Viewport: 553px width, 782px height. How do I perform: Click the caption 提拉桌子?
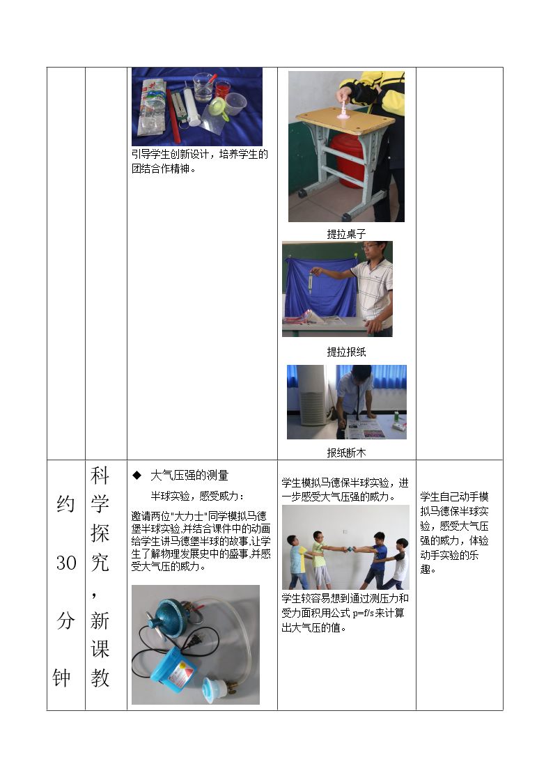[346, 234]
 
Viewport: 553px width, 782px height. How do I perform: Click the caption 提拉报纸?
[346, 352]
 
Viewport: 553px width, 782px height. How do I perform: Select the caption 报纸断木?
[346, 453]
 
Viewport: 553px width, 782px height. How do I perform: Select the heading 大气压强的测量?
[189, 476]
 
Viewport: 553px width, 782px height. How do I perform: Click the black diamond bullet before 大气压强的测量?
[137, 476]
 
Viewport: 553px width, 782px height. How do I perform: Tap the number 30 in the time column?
[66, 563]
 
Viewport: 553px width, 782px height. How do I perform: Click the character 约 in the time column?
[66, 503]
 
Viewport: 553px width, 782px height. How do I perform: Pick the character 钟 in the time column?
[62, 678]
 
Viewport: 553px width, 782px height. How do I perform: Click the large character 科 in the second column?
[100, 476]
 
